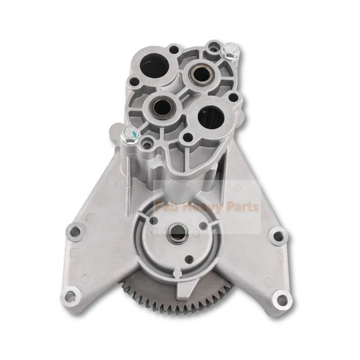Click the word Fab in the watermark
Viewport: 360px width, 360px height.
click(167, 208)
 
